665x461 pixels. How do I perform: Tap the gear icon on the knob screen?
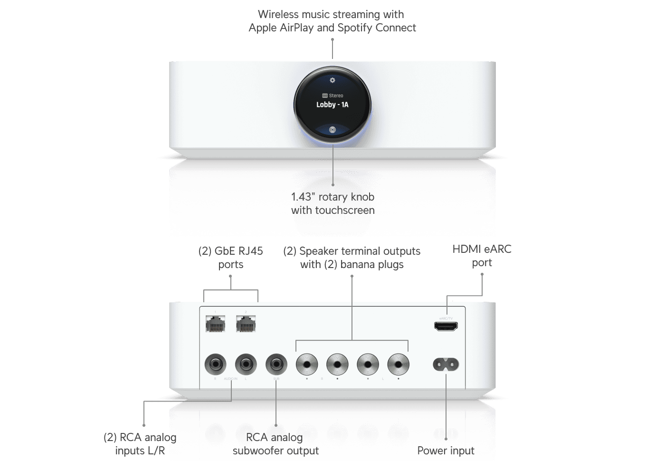(x=332, y=80)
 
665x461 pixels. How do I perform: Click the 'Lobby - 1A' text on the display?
(x=332, y=105)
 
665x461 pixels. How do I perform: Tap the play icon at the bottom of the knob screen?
(x=332, y=129)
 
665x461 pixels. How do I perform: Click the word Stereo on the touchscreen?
(x=336, y=96)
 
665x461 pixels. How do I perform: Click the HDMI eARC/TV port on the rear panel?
(x=446, y=327)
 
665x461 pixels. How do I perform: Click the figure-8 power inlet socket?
(x=446, y=365)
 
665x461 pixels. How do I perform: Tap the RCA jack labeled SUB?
(x=276, y=365)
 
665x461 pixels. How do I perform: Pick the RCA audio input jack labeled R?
(x=215, y=365)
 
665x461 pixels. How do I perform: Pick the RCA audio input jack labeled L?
(x=246, y=365)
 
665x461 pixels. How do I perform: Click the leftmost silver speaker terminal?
(x=307, y=365)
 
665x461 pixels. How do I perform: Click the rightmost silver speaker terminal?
(x=398, y=365)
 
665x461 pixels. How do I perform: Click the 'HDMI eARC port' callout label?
(x=482, y=256)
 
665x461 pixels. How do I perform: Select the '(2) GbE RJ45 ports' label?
(x=231, y=257)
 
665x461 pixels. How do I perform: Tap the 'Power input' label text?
(x=446, y=451)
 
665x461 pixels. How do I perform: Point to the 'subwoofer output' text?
(x=275, y=451)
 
